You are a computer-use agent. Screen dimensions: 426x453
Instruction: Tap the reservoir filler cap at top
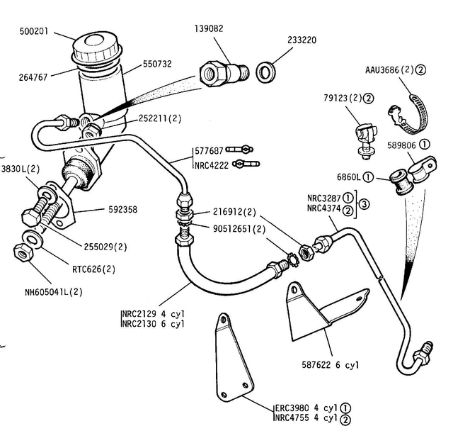pos(96,50)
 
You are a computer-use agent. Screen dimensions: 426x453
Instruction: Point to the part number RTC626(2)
pos(93,269)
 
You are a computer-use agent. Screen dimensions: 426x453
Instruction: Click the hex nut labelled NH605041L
pos(21,252)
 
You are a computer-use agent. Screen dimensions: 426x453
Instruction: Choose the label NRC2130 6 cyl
pos(153,324)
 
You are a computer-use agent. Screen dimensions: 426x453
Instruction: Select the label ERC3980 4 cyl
pos(306,408)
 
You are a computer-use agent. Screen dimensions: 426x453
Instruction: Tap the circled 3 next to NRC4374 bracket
pos(363,204)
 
